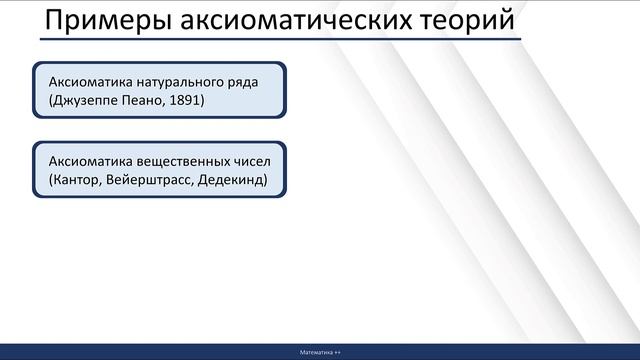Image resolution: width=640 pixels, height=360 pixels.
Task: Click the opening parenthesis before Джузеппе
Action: [x=37, y=100]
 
